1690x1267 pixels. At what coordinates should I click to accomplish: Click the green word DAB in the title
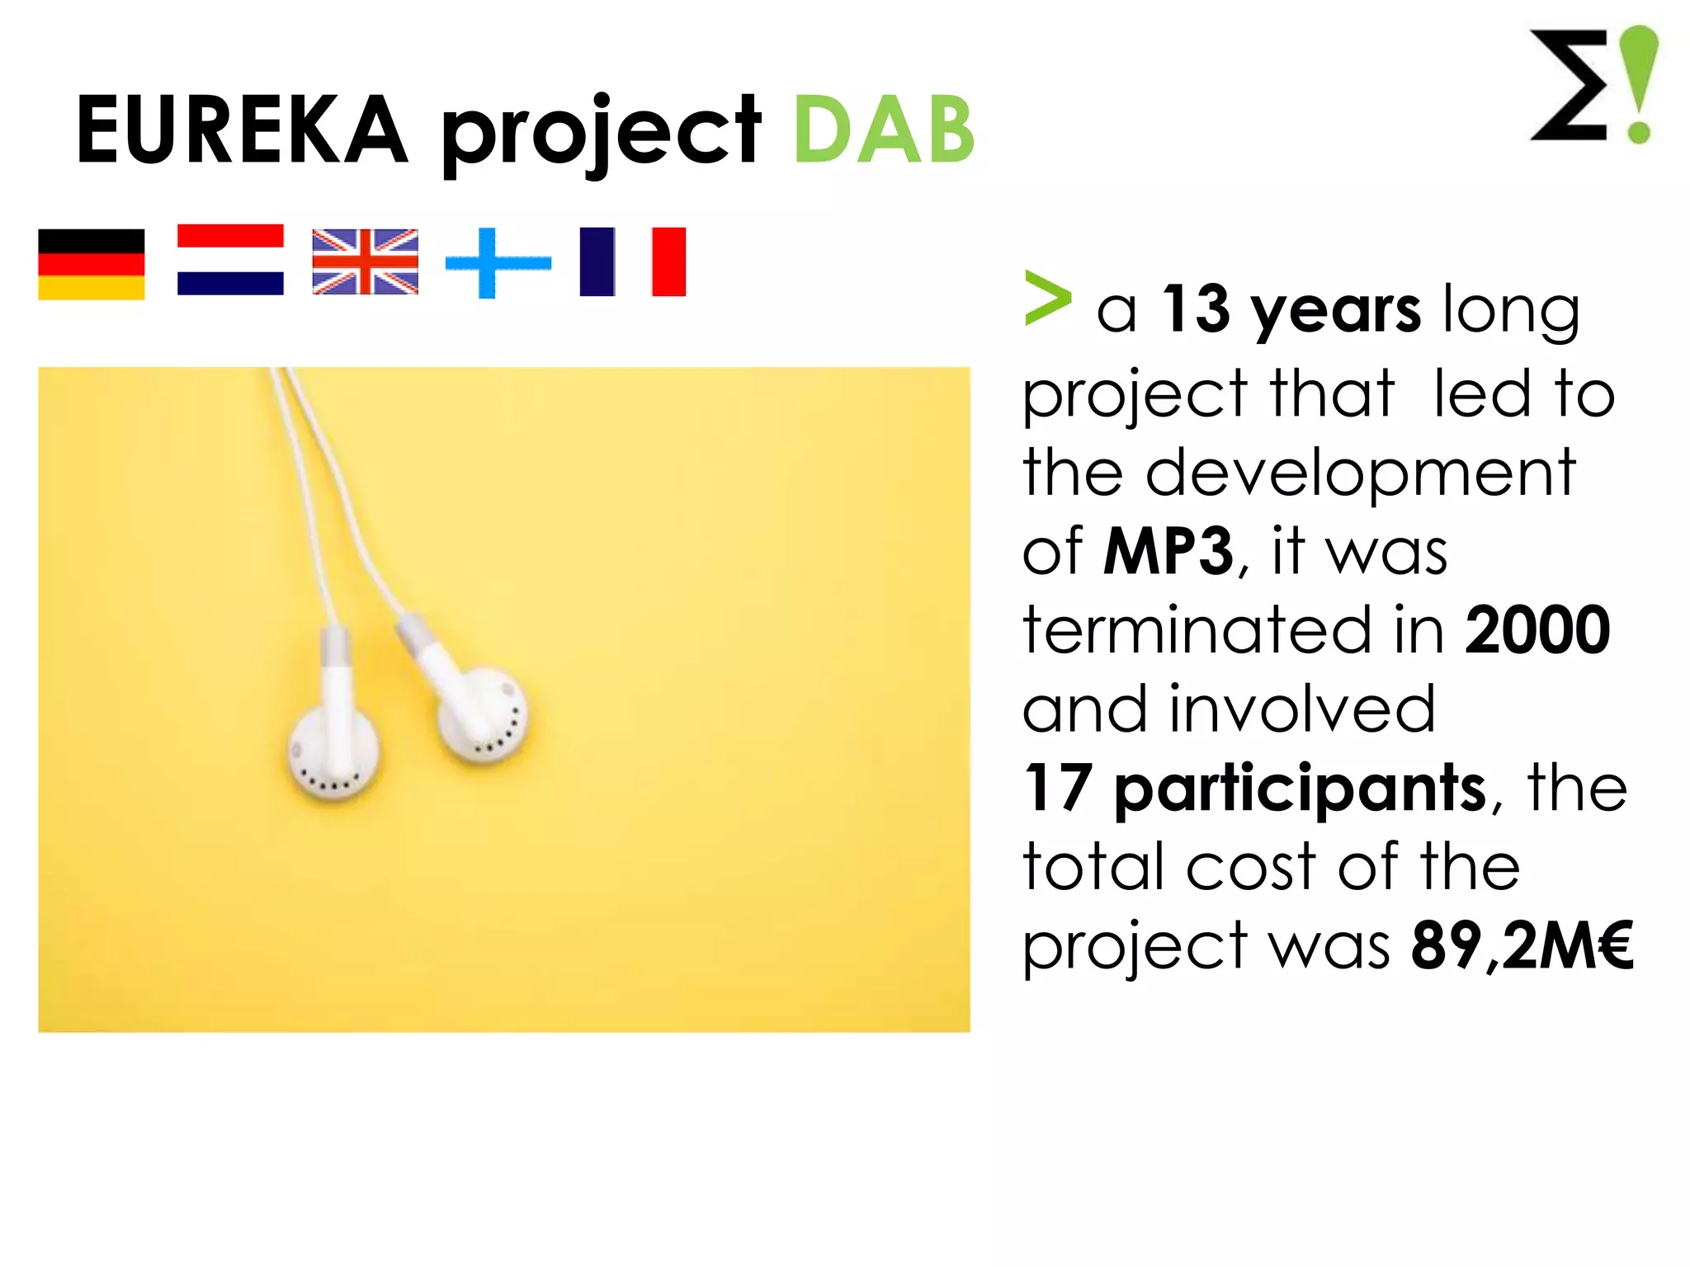(x=884, y=130)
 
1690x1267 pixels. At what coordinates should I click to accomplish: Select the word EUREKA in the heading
(x=242, y=130)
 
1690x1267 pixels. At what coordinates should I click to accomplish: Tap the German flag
(x=92, y=264)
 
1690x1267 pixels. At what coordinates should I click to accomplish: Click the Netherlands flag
(x=230, y=260)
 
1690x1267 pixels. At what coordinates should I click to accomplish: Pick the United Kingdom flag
(x=365, y=261)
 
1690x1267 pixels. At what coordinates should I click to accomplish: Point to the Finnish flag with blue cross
(x=498, y=263)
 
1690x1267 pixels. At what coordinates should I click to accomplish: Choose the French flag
(x=632, y=261)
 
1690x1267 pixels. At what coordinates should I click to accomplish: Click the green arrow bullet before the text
(x=1047, y=299)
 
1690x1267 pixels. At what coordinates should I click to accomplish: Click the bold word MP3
(x=1168, y=551)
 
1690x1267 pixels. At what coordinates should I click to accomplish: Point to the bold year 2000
(x=1537, y=630)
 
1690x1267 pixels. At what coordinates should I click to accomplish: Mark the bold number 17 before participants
(x=1058, y=789)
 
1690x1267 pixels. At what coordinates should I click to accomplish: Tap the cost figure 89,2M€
(x=1522, y=945)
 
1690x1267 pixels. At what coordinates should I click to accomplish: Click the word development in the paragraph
(x=1360, y=473)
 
